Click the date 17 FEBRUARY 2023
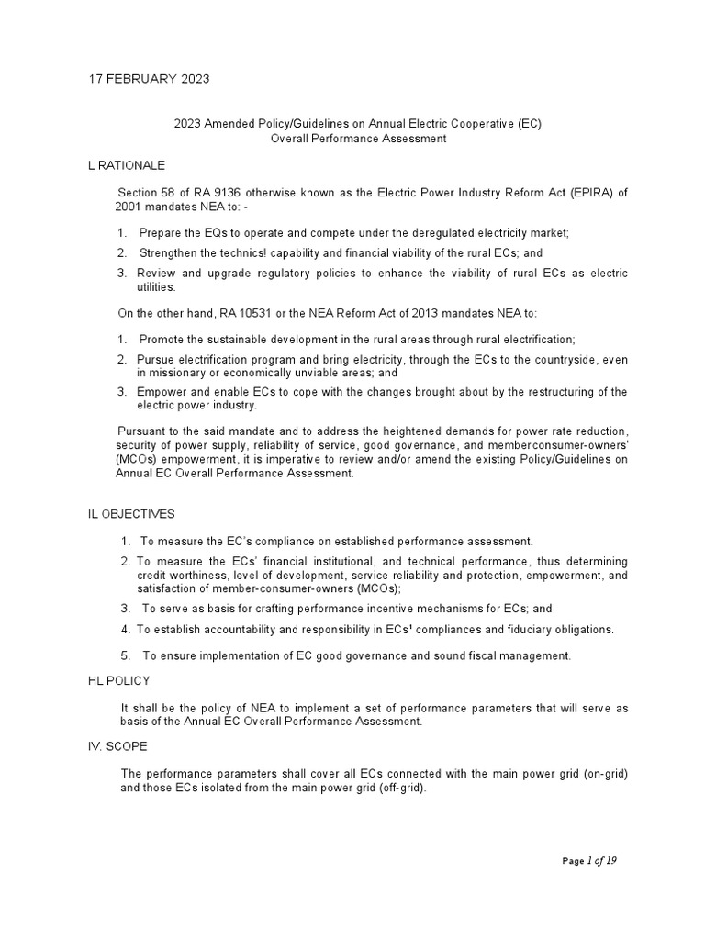148,78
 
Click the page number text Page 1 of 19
595,860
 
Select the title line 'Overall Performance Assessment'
358,139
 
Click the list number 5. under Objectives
127,655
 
